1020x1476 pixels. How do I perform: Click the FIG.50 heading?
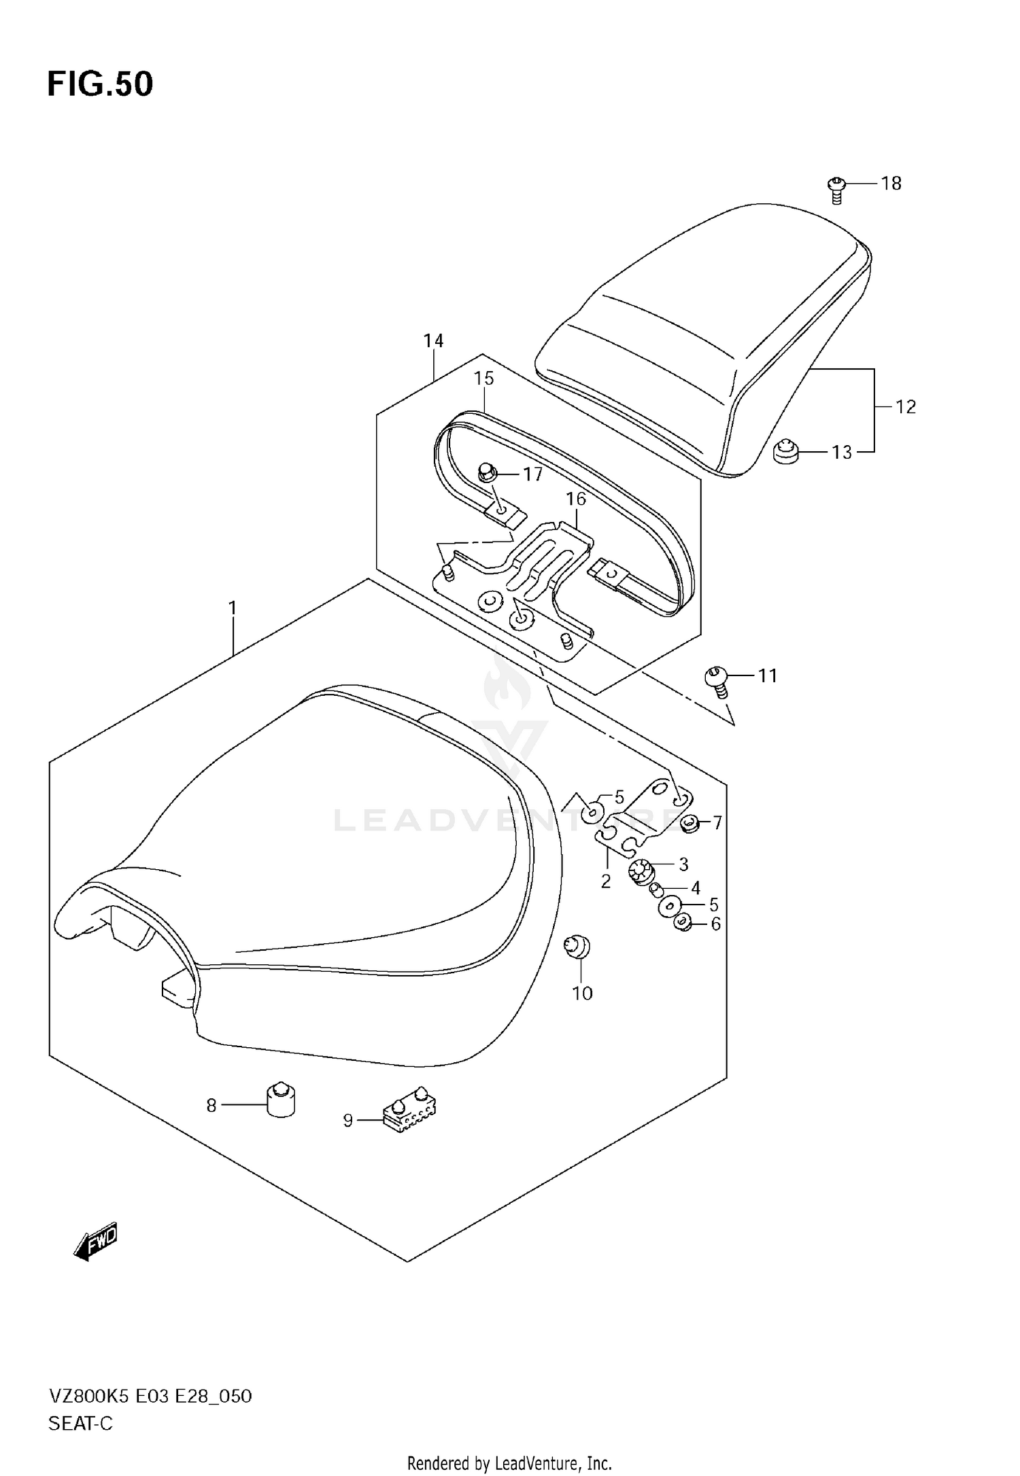point(100,84)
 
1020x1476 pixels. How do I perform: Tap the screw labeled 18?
point(836,189)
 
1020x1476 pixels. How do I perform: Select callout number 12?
point(905,406)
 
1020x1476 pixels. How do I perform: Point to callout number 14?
point(433,340)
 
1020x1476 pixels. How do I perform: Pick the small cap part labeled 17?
point(486,470)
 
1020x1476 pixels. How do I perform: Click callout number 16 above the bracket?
point(575,499)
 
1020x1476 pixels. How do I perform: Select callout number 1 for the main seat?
point(233,608)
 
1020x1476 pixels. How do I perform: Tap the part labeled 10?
point(577,947)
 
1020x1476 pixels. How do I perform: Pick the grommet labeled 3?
point(641,871)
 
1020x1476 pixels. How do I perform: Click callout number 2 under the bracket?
point(605,881)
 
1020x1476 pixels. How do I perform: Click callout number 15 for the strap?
point(483,378)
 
